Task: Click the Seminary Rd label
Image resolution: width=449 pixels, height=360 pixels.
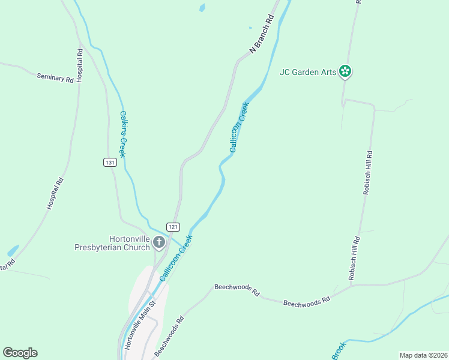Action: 55,77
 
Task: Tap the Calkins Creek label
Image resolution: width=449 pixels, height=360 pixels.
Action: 122,134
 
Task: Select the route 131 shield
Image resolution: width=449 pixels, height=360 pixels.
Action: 109,163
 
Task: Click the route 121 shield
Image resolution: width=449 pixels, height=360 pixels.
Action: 173,227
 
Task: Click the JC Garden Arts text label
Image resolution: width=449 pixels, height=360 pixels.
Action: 307,73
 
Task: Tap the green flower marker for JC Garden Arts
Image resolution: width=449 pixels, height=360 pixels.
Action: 345,71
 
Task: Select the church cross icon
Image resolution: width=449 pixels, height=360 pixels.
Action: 159,242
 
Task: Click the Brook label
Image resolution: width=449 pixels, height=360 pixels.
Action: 338,351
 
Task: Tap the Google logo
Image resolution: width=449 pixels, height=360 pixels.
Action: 20,353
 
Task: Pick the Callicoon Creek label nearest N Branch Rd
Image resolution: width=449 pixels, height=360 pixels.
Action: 239,127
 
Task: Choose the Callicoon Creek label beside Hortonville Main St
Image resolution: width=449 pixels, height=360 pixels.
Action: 175,259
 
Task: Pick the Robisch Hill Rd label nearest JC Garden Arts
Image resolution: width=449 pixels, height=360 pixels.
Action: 368,173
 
